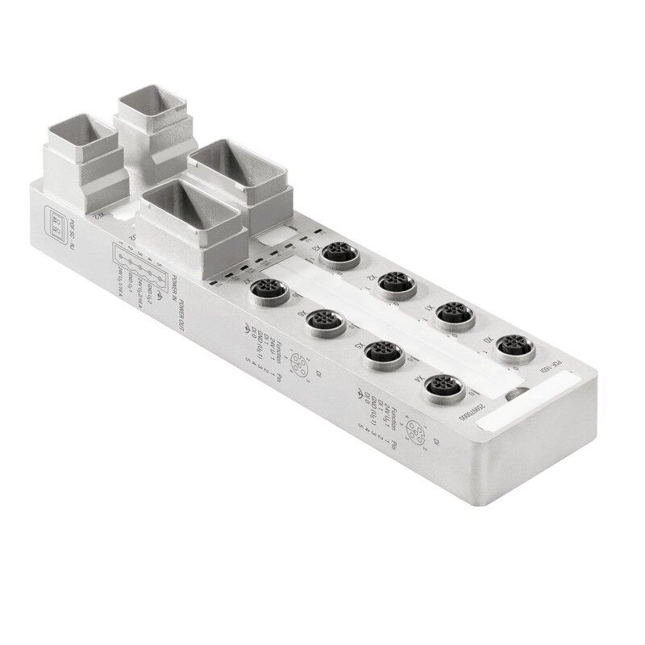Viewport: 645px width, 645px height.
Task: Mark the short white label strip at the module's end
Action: pos(517,414)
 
